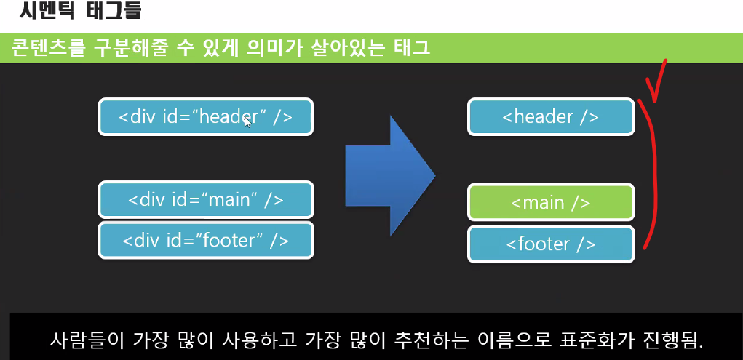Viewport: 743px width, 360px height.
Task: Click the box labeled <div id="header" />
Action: (x=205, y=116)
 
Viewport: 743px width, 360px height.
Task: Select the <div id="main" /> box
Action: (x=205, y=199)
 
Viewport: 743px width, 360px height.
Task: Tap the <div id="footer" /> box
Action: (x=205, y=240)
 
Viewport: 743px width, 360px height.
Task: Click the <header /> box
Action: (x=551, y=116)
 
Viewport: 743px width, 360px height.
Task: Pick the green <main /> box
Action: (x=551, y=201)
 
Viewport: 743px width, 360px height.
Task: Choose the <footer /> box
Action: (x=551, y=243)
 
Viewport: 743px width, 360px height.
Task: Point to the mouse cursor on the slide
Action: (x=247, y=121)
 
